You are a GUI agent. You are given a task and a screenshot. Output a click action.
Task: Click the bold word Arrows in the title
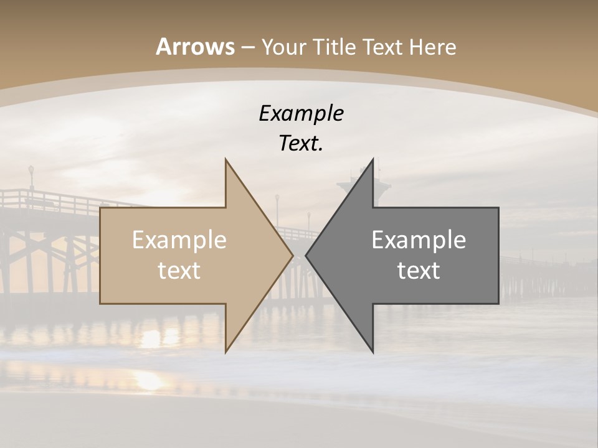[x=194, y=47]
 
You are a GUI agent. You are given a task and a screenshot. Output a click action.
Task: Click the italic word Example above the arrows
[x=301, y=113]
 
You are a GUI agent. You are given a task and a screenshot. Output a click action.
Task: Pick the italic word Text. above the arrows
[x=301, y=143]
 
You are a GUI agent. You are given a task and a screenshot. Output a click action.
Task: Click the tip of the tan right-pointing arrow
[x=292, y=255]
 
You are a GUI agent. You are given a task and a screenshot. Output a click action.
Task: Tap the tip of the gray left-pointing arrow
[x=306, y=255]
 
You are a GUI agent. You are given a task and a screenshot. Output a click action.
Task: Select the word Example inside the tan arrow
[x=179, y=240]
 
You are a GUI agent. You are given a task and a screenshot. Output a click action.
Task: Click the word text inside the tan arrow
[x=179, y=271]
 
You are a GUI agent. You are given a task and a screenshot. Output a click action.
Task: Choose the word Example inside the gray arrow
[x=419, y=240]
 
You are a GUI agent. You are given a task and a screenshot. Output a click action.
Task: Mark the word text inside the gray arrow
[x=419, y=271]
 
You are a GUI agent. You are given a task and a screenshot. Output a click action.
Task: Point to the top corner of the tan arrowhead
[x=225, y=159]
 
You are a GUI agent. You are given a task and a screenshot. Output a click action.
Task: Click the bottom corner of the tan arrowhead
[x=225, y=352]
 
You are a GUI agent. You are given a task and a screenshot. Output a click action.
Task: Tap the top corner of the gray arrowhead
[x=373, y=159]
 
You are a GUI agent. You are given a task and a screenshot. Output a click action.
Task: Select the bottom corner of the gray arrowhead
[x=373, y=352]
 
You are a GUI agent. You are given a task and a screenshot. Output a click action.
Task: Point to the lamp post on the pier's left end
[x=31, y=177]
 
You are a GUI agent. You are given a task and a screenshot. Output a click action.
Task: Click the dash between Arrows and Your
[x=247, y=47]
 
